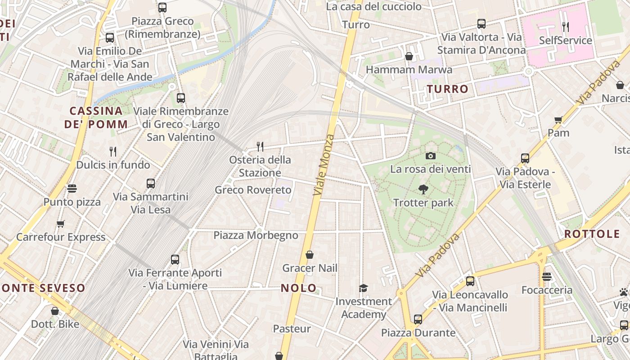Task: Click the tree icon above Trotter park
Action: click(x=423, y=189)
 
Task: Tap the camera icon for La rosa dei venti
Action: click(x=430, y=156)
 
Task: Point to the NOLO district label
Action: click(x=299, y=288)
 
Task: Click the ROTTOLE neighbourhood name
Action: click(x=592, y=234)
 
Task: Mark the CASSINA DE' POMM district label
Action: click(x=96, y=117)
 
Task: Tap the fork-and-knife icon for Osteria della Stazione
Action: click(x=260, y=146)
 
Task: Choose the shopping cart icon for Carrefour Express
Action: click(x=60, y=224)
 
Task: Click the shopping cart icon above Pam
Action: click(x=558, y=120)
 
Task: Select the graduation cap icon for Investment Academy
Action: click(x=363, y=288)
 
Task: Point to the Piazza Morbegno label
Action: click(x=256, y=235)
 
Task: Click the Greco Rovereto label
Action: click(x=253, y=190)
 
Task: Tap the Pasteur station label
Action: click(x=292, y=329)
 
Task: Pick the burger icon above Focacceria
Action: click(x=547, y=277)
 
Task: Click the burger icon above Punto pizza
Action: click(x=72, y=188)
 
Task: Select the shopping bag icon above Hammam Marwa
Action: click(x=409, y=56)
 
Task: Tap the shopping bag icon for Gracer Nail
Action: click(x=309, y=255)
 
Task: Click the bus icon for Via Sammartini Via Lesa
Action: click(x=150, y=184)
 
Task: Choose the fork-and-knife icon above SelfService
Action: click(x=565, y=27)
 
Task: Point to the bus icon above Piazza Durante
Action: click(x=418, y=319)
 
